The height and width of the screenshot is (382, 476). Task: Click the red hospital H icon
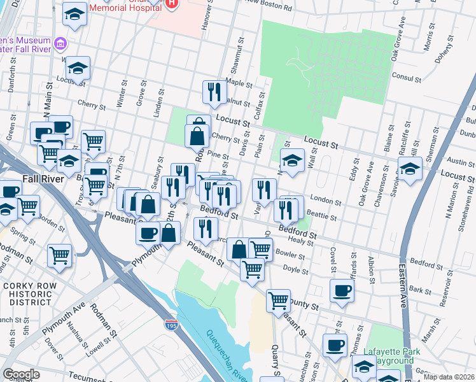[171, 4]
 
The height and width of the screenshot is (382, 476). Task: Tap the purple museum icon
[60, 44]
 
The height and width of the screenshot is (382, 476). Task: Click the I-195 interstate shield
[171, 325]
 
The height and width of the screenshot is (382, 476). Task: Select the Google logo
[21, 374]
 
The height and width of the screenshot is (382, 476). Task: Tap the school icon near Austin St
[410, 169]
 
